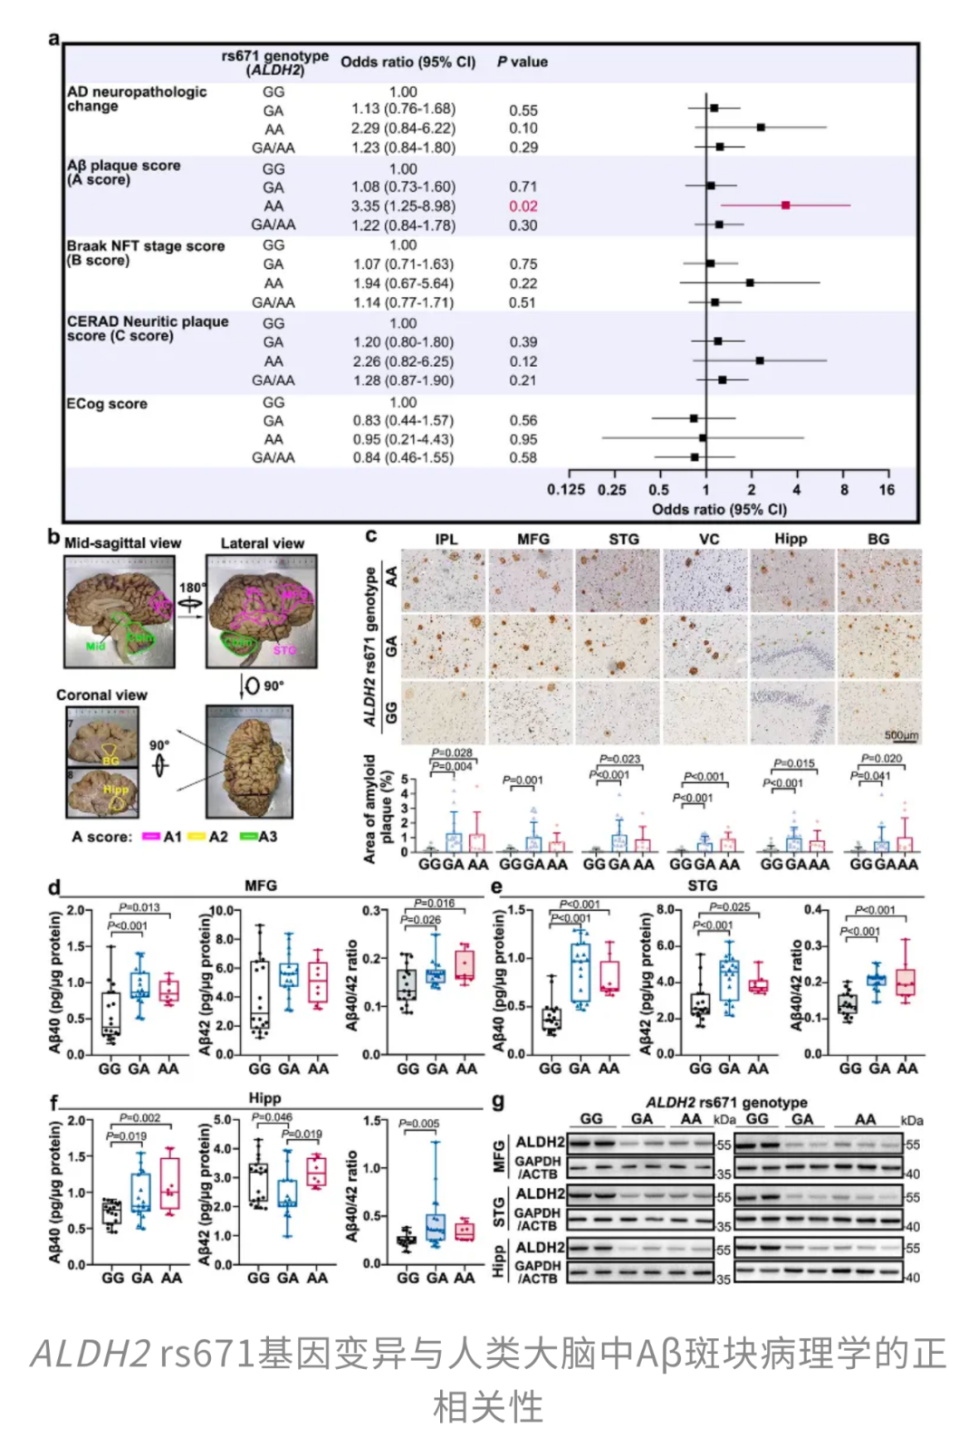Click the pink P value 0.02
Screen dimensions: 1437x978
click(x=523, y=206)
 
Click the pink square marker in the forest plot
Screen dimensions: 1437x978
click(x=785, y=206)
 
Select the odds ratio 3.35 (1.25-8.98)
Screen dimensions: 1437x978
click(x=403, y=206)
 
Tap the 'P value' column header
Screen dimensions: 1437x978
click(x=522, y=62)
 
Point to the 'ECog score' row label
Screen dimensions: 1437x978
click(x=107, y=404)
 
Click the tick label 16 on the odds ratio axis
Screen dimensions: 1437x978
click(x=887, y=490)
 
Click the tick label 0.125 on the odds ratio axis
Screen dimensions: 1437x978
click(x=566, y=490)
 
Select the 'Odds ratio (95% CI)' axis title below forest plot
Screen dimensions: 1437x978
click(x=719, y=509)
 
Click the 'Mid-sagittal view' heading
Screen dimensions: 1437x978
click(x=122, y=543)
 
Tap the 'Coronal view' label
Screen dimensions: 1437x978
click(x=101, y=695)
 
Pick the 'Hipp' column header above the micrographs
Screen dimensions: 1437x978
click(x=791, y=539)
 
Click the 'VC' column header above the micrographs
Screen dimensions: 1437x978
click(x=709, y=539)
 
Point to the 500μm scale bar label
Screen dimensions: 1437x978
click(x=901, y=735)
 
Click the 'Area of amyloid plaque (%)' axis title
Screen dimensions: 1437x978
click(x=379, y=809)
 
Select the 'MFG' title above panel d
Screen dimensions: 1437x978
click(x=261, y=886)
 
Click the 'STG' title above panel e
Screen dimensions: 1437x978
click(x=703, y=886)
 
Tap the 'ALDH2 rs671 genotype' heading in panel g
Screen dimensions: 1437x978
click(x=726, y=1102)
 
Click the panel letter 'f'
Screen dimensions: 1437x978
click(x=53, y=1103)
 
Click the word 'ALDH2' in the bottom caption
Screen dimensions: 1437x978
click(x=90, y=1354)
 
